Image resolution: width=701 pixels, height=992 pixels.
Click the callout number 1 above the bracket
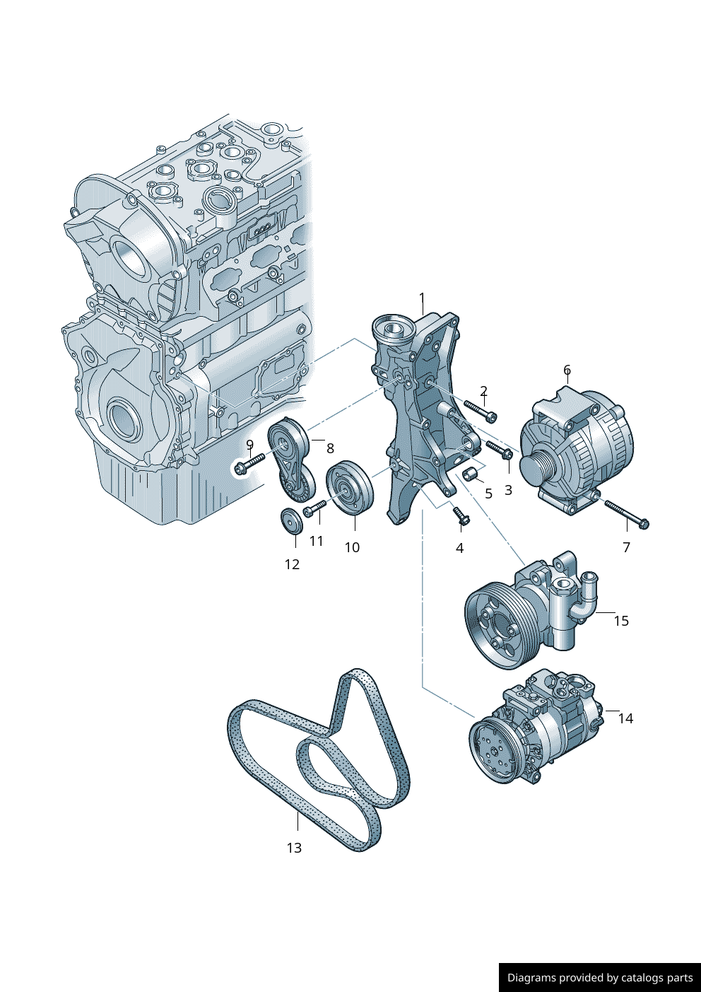pyautogui.click(x=422, y=298)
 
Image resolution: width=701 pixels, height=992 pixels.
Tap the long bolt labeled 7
pyautogui.click(x=626, y=515)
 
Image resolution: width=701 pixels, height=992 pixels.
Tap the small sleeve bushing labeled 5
pyautogui.click(x=472, y=473)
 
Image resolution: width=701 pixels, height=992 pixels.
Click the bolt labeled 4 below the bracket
pyautogui.click(x=460, y=518)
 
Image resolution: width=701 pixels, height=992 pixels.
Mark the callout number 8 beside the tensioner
pyautogui.click(x=330, y=448)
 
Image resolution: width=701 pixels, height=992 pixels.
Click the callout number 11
pyautogui.click(x=316, y=541)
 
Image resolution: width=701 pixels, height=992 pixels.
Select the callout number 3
pyautogui.click(x=508, y=490)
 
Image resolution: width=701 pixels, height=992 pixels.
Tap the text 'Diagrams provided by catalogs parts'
pyautogui.click(x=600, y=978)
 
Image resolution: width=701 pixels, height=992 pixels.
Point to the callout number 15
pyautogui.click(x=620, y=621)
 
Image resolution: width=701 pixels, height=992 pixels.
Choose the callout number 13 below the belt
pyautogui.click(x=294, y=848)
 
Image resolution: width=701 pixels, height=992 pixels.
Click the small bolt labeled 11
pyautogui.click(x=314, y=508)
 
